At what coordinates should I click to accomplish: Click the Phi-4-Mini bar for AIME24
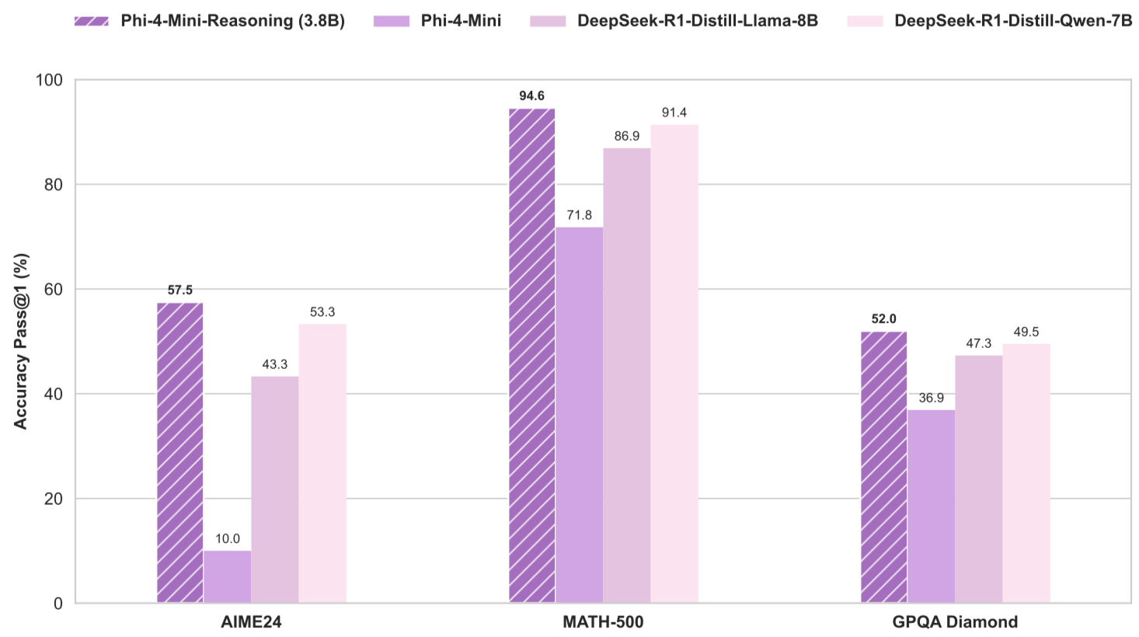click(x=227, y=576)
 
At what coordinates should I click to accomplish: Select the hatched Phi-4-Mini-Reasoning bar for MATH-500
click(x=532, y=356)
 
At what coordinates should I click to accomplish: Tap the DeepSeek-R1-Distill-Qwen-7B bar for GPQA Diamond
click(x=1026, y=473)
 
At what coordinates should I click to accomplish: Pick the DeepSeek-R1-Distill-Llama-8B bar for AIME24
click(x=274, y=489)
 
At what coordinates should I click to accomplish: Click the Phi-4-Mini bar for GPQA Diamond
click(x=931, y=506)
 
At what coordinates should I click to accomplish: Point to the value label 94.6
click(x=532, y=96)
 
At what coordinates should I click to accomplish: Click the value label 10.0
click(x=228, y=539)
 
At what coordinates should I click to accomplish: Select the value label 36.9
click(x=931, y=399)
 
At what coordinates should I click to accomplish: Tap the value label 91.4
click(x=674, y=113)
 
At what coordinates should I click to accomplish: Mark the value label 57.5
click(x=180, y=291)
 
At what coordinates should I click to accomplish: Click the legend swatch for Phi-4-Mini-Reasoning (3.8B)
click(x=92, y=21)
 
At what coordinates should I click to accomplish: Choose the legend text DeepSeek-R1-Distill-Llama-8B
click(x=697, y=21)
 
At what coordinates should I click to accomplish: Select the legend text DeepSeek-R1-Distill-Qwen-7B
click(x=1013, y=21)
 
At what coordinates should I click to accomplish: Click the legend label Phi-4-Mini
click(x=461, y=21)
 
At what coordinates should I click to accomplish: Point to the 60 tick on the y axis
click(x=54, y=290)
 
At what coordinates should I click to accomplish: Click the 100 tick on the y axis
click(x=49, y=80)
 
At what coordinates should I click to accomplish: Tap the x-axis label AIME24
click(x=251, y=622)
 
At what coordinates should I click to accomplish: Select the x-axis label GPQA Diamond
click(x=955, y=622)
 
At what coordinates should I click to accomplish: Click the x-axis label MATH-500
click(x=603, y=622)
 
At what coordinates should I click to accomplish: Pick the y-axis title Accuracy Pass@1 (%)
click(x=21, y=341)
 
